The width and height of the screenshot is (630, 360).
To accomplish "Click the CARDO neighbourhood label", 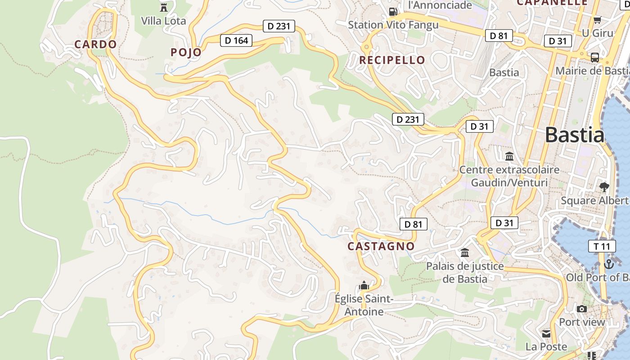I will (x=95, y=45).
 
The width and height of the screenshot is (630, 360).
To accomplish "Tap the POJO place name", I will (x=186, y=53).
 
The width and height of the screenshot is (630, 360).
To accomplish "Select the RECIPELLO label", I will (x=392, y=60).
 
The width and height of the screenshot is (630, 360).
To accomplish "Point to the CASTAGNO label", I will (x=381, y=246).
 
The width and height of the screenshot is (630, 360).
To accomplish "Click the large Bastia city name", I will (x=575, y=135).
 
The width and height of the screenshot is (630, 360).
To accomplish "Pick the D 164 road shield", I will (x=236, y=40).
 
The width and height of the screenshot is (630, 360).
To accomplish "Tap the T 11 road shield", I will (x=602, y=246).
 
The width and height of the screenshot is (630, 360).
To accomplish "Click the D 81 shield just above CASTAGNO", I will (x=413, y=224).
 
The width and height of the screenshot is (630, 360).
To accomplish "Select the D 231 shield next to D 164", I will (x=279, y=26).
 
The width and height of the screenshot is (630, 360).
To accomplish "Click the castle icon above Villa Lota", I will (x=163, y=7).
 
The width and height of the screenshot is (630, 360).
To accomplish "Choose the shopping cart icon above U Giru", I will (x=597, y=20).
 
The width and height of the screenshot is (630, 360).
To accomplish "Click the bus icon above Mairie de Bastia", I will (x=594, y=58).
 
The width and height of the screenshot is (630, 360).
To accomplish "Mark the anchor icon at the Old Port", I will (x=609, y=264).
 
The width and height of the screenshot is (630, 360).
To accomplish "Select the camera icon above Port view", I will (x=582, y=309).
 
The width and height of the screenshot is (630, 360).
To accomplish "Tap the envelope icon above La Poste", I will (x=546, y=333).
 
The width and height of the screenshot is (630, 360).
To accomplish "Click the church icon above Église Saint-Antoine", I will (x=364, y=286).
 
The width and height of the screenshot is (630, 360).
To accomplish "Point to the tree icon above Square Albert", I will (x=604, y=187).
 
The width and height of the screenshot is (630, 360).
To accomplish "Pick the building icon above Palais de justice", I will (x=465, y=253).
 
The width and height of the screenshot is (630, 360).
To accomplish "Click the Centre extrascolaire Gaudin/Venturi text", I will (x=509, y=176).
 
